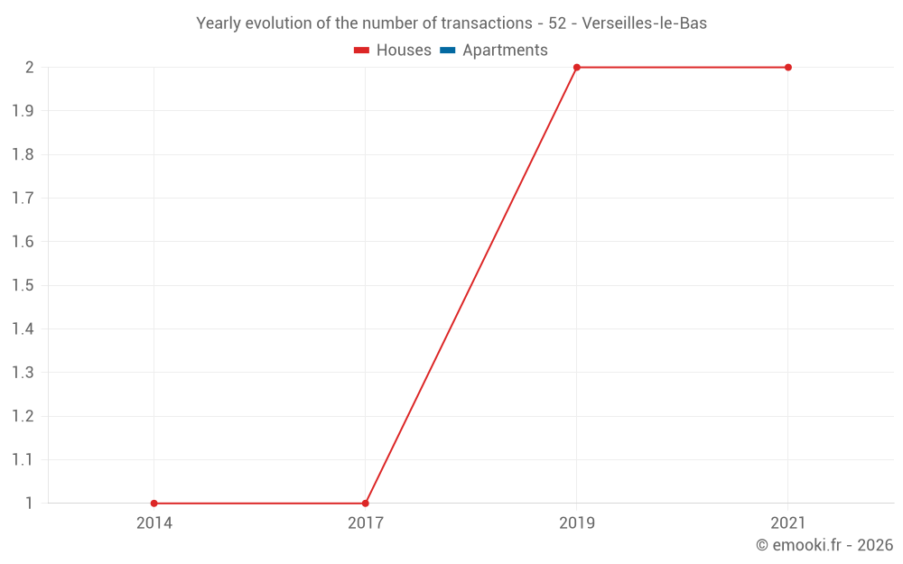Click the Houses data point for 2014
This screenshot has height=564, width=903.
tap(154, 503)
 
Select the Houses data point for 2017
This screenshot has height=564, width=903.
tap(365, 503)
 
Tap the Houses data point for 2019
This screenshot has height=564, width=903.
tap(576, 68)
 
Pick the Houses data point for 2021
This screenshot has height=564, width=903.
tap(787, 68)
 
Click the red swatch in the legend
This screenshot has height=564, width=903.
tap(362, 51)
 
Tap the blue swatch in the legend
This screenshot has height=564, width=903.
tap(448, 51)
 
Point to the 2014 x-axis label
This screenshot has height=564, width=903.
tap(154, 522)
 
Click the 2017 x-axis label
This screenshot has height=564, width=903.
tap(365, 522)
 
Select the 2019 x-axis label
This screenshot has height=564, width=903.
tap(576, 522)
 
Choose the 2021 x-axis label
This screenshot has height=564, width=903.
tap(787, 522)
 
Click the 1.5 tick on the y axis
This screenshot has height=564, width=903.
tap(23, 285)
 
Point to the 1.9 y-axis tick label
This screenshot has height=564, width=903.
tap(23, 111)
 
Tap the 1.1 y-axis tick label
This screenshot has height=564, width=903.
tap(23, 459)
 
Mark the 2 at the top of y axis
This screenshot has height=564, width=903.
tap(30, 68)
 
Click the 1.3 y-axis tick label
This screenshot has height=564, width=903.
tap(23, 373)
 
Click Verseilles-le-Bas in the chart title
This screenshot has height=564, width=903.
tap(645, 23)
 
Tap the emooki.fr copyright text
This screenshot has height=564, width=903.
tap(824, 545)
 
